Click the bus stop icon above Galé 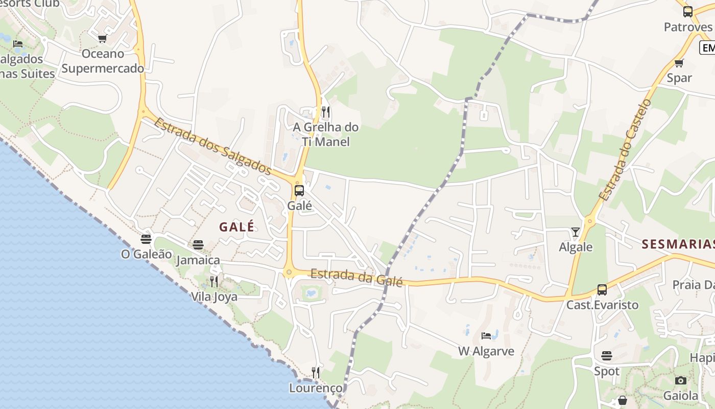coord(299,191)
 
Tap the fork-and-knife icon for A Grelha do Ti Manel coord(325,112)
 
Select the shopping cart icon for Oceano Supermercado coord(102,38)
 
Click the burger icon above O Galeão coord(146,239)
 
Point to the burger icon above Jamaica coord(198,245)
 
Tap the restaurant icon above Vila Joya coord(214,282)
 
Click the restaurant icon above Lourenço coord(316,373)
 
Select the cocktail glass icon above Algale coord(576,232)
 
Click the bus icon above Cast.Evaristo coord(602,290)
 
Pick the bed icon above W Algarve coord(486,336)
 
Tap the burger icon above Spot coord(607,355)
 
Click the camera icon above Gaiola coord(680,380)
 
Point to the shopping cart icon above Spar coord(679,63)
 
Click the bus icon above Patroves coord(688,11)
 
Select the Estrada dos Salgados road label coord(212,146)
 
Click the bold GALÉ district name coord(237,227)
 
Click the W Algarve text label coord(486,351)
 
